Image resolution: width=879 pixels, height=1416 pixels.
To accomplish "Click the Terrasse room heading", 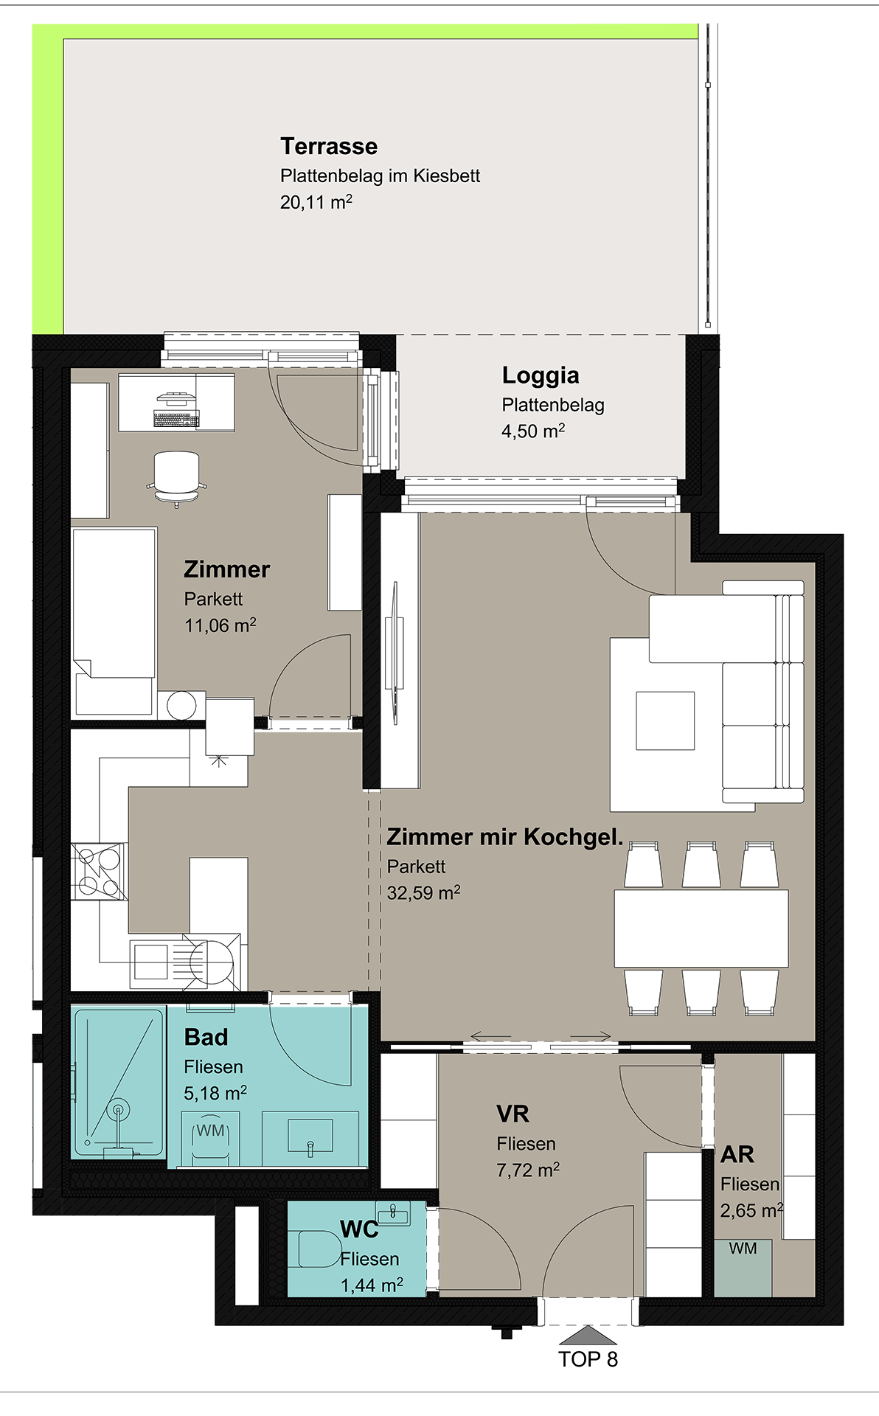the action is tap(329, 146).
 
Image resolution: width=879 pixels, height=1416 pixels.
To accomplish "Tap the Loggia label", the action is tap(541, 375).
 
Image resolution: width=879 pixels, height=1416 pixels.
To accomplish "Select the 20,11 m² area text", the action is tap(316, 202).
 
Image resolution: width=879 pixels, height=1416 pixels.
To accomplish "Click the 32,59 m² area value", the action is tap(424, 892).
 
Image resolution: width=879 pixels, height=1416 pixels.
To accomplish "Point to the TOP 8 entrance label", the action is tap(588, 1359).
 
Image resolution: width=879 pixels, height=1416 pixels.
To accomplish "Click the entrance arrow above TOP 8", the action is tap(588, 1335).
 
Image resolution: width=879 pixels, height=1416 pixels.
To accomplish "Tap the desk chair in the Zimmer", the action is tap(176, 478).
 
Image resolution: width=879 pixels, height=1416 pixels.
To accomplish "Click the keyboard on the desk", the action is tap(176, 419).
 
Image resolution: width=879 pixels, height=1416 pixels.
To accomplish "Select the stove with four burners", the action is tap(99, 871).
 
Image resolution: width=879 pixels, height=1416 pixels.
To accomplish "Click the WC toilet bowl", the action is tap(318, 1249).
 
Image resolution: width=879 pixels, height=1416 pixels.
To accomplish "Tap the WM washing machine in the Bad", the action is tap(211, 1140).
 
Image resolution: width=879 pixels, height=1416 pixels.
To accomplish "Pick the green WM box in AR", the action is tap(743, 1268).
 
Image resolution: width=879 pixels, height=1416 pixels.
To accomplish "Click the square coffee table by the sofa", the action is tap(665, 721).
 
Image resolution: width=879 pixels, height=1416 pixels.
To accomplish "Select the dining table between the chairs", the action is tap(701, 929).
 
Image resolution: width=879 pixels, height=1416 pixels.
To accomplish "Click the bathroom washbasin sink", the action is tap(310, 1136).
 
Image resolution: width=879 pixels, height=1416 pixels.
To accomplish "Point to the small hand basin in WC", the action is tap(393, 1213).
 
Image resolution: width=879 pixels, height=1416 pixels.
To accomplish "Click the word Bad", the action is tap(206, 1037).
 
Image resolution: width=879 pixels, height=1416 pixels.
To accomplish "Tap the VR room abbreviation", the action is tap(513, 1114).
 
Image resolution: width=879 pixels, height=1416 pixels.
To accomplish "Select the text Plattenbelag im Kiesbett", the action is tap(380, 176).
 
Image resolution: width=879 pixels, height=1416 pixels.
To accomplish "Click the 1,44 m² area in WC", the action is tap(372, 1285).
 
